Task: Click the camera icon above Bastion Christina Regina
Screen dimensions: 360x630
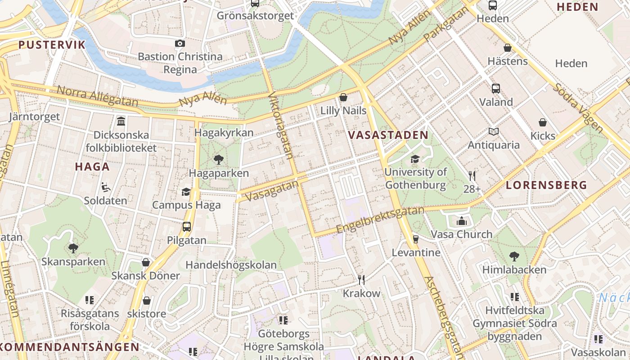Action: (x=180, y=44)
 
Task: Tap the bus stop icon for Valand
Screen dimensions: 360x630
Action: (x=496, y=89)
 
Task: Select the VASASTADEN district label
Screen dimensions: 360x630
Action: (x=388, y=135)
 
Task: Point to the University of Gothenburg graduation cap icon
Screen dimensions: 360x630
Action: (x=415, y=159)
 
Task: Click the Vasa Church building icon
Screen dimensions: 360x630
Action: (x=462, y=221)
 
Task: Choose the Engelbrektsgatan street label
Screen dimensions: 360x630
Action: (x=380, y=220)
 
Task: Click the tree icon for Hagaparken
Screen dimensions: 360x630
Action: (x=219, y=159)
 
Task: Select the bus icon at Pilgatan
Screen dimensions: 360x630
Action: (x=187, y=227)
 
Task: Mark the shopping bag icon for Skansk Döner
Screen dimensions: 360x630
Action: (x=146, y=262)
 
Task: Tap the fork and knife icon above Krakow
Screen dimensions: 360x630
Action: (x=361, y=280)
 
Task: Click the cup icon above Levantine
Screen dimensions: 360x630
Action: (x=416, y=239)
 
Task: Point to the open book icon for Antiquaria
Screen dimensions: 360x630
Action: (x=494, y=132)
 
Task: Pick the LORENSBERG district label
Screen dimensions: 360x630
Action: (x=546, y=185)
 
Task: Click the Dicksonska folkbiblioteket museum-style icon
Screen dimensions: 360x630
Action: (x=121, y=121)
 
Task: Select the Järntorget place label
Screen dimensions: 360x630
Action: (x=34, y=117)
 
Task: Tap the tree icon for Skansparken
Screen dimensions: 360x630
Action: (x=73, y=248)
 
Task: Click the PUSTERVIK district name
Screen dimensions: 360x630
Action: (x=52, y=45)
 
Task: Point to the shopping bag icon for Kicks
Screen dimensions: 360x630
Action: (x=543, y=122)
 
